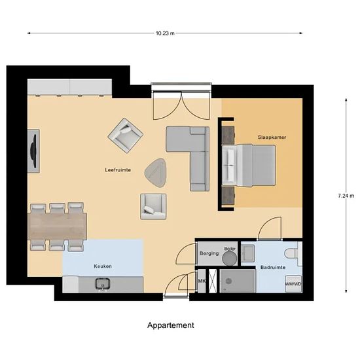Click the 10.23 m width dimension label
point(165,33)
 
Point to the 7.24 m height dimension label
point(346,196)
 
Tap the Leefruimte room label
point(118,170)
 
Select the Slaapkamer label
point(272,137)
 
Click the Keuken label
point(103,266)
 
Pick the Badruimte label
point(273,268)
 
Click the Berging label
point(209,253)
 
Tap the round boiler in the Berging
point(229,258)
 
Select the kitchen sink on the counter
point(103,284)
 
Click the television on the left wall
point(34,151)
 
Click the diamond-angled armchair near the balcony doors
point(126,135)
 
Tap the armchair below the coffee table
point(153,207)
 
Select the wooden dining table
point(57,226)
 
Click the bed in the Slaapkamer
point(249,166)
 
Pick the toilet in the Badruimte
point(292,254)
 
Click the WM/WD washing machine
point(293,284)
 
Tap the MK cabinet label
point(202,281)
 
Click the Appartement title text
point(171,325)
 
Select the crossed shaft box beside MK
point(213,281)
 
